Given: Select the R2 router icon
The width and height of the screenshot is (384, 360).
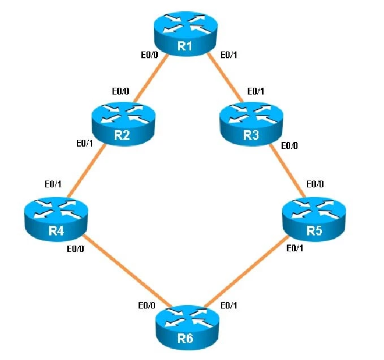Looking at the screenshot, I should pos(122,125).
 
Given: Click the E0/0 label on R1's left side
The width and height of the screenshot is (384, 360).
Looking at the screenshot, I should pos(149,55).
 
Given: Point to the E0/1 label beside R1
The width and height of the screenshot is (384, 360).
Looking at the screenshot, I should pos(228,55).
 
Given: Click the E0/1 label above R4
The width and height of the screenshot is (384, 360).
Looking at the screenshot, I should pos(54,184).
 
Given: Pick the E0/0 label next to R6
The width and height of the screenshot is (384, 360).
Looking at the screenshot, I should pos(147,306).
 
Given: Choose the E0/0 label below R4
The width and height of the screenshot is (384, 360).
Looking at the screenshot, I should pos(76,249).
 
